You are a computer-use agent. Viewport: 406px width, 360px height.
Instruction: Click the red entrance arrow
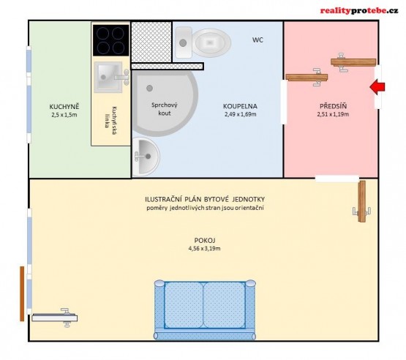click(x=377, y=87)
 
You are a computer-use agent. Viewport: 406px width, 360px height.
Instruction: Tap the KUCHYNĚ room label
click(x=64, y=107)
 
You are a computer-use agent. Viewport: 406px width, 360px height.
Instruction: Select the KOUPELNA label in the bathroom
click(x=240, y=106)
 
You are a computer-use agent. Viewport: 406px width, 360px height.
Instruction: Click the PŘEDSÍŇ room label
click(x=333, y=106)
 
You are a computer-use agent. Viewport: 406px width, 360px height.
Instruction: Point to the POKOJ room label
click(x=205, y=240)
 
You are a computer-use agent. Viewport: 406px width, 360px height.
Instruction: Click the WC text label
click(x=257, y=40)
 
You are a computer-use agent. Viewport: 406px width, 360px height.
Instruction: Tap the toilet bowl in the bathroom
click(x=212, y=42)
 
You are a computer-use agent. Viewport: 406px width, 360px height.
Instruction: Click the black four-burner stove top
click(x=110, y=40)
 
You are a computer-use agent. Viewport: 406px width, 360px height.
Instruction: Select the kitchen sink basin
click(x=108, y=77)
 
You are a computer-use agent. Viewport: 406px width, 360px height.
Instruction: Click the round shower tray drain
click(x=149, y=89)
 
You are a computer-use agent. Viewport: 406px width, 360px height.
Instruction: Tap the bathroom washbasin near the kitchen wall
click(x=146, y=157)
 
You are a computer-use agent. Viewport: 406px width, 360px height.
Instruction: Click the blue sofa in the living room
click(x=205, y=310)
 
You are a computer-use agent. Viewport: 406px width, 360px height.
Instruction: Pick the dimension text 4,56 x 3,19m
click(x=205, y=249)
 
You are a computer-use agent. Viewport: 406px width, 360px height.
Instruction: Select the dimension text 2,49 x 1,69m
click(x=241, y=114)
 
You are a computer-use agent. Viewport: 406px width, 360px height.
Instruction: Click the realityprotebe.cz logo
click(x=359, y=11)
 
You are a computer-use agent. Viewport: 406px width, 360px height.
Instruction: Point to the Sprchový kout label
click(x=165, y=109)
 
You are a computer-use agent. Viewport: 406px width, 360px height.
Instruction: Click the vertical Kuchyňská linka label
click(x=110, y=117)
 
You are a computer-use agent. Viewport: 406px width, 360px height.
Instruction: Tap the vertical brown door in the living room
click(x=362, y=201)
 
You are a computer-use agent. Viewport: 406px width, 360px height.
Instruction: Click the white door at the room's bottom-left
click(x=55, y=318)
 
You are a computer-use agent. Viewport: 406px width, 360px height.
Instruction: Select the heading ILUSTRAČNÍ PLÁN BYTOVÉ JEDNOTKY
click(x=205, y=200)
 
